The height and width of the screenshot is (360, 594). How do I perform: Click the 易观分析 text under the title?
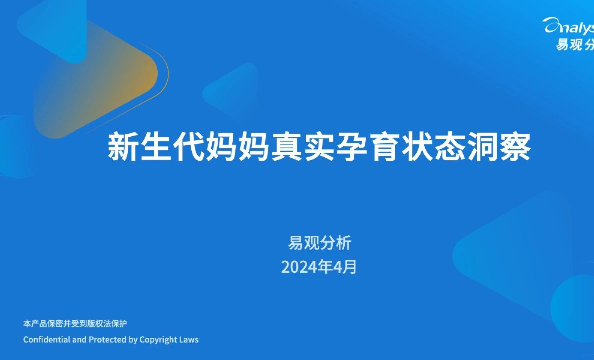point(320,243)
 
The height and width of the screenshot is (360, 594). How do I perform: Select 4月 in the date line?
point(345,267)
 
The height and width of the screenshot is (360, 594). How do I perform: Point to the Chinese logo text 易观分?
point(575,44)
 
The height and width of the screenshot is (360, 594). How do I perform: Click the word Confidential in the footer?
point(47,340)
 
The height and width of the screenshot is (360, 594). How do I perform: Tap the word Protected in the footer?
point(107,340)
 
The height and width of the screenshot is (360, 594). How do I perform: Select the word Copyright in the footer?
point(159,340)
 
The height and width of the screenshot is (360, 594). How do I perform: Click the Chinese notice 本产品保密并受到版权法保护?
point(75,323)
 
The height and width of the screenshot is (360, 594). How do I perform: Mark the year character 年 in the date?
point(326,267)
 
